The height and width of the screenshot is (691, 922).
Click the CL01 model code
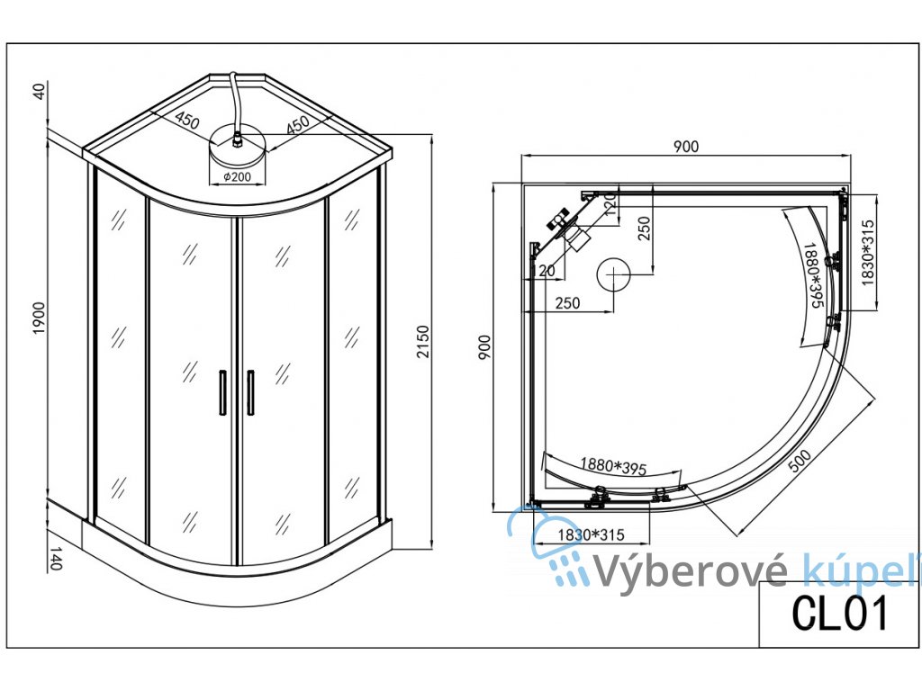(840, 614)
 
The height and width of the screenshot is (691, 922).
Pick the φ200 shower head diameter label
(236, 177)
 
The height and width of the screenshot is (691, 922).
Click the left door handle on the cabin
(221, 391)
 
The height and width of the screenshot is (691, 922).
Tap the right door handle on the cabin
(250, 391)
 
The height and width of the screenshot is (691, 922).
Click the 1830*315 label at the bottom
(590, 534)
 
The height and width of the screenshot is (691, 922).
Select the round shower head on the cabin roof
(236, 144)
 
